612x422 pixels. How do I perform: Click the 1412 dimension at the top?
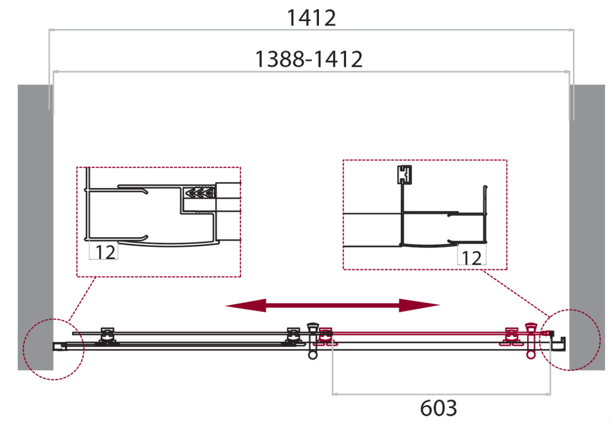tap(311, 18)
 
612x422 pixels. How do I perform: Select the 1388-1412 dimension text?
tap(309, 59)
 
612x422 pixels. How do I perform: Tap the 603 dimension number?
tap(438, 408)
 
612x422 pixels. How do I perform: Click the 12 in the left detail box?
tap(106, 252)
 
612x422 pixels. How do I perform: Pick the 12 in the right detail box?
tap(472, 258)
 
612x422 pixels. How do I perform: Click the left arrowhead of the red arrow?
tap(245, 305)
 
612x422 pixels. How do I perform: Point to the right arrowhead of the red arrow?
tap(419, 305)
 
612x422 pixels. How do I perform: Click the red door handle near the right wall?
tap(531, 341)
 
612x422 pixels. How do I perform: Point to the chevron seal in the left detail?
tap(200, 193)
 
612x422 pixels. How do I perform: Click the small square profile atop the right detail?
tap(404, 174)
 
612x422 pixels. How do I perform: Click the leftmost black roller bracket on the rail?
tap(107, 337)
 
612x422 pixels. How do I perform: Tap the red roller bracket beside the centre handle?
tap(325, 337)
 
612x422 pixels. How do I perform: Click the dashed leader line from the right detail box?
tap(516, 293)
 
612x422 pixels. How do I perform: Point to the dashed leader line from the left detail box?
tap(82, 299)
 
